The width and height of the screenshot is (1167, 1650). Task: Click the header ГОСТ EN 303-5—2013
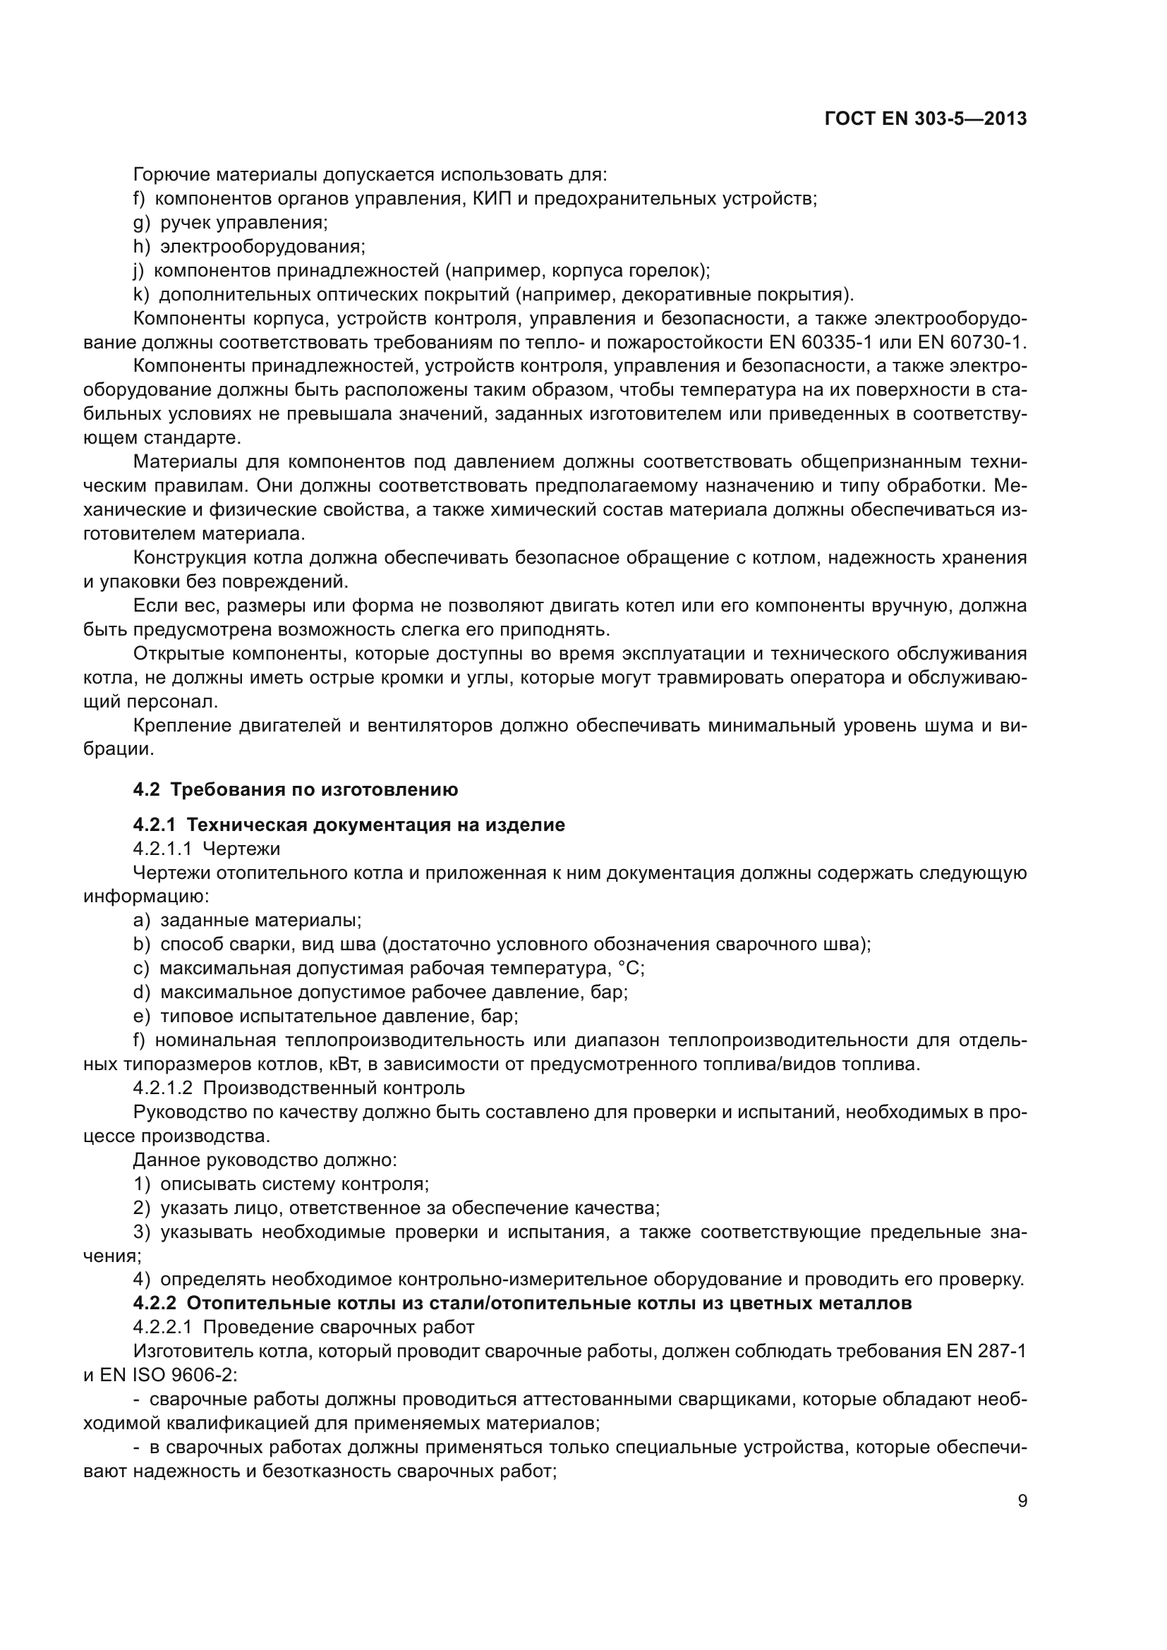tap(926, 119)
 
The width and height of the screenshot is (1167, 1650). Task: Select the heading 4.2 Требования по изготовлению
tap(296, 790)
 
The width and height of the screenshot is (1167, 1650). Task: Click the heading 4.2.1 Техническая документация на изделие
tap(349, 825)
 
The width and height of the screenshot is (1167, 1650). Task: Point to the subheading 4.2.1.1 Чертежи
tap(206, 849)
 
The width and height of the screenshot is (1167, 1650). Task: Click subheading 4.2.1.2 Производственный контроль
tap(299, 1088)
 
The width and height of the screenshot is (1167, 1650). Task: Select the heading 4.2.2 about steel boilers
tap(522, 1303)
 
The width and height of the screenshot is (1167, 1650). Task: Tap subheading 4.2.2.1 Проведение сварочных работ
tap(304, 1327)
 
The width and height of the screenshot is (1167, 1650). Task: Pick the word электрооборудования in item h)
tap(262, 246)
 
